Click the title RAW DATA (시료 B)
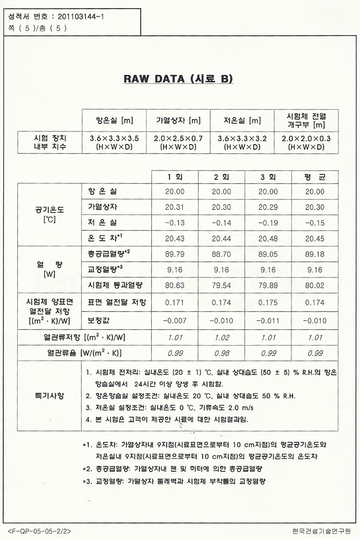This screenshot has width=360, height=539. click(x=179, y=79)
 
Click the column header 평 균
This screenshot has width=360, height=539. click(x=315, y=177)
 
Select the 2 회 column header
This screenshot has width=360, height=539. click(x=222, y=177)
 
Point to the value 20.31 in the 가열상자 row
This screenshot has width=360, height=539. click(x=175, y=208)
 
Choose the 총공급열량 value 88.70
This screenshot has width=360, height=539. click(x=222, y=255)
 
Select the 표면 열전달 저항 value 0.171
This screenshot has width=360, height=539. click(x=175, y=302)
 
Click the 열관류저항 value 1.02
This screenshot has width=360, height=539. click(x=222, y=338)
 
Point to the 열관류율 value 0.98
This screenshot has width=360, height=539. click(x=222, y=353)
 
